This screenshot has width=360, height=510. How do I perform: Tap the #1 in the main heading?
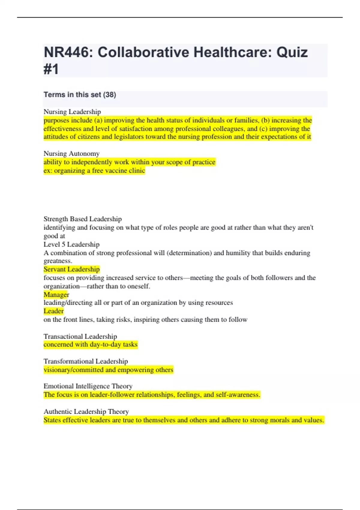51,69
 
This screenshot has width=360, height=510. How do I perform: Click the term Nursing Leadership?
72,112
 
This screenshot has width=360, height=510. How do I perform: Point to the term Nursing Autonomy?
71,154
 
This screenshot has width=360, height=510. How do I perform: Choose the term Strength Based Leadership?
82,219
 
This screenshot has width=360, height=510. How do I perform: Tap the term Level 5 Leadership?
71,244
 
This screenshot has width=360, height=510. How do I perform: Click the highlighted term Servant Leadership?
71,269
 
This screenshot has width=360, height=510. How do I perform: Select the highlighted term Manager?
56,295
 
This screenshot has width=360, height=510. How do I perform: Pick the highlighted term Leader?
54,311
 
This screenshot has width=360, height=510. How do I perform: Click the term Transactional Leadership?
80,336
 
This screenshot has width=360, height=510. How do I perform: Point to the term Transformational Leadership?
85,361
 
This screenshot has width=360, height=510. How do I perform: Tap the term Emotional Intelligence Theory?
88,386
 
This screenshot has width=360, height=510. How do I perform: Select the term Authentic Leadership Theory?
86,412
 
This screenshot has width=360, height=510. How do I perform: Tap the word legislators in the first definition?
128,137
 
